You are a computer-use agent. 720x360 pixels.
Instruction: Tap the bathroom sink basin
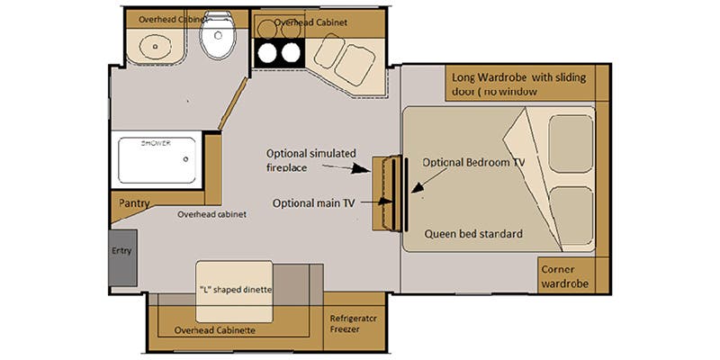(156, 46)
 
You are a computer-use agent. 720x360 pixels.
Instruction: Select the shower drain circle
(185, 159)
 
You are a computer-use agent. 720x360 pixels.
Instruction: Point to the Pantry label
(134, 203)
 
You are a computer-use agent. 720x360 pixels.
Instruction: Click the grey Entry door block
(123, 257)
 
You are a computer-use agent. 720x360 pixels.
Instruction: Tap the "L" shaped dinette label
(235, 290)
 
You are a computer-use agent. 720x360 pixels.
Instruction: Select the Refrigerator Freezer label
(353, 324)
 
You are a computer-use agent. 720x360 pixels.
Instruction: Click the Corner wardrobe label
(564, 276)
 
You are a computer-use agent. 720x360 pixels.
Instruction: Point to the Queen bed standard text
(473, 234)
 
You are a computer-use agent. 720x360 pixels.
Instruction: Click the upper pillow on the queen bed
(571, 144)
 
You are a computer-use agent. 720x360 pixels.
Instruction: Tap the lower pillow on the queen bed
(571, 216)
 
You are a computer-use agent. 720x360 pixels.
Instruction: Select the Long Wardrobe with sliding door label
(519, 84)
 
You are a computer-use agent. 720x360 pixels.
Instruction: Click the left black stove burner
(267, 54)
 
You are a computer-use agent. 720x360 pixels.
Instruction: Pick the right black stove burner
(291, 53)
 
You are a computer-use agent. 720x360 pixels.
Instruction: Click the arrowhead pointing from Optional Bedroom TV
(417, 188)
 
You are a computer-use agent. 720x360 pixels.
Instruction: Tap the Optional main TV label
(313, 203)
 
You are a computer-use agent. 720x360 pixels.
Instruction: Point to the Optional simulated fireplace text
(311, 160)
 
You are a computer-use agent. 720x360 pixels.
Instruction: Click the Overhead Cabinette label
(215, 330)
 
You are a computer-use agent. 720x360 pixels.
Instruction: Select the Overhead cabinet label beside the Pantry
(212, 214)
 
